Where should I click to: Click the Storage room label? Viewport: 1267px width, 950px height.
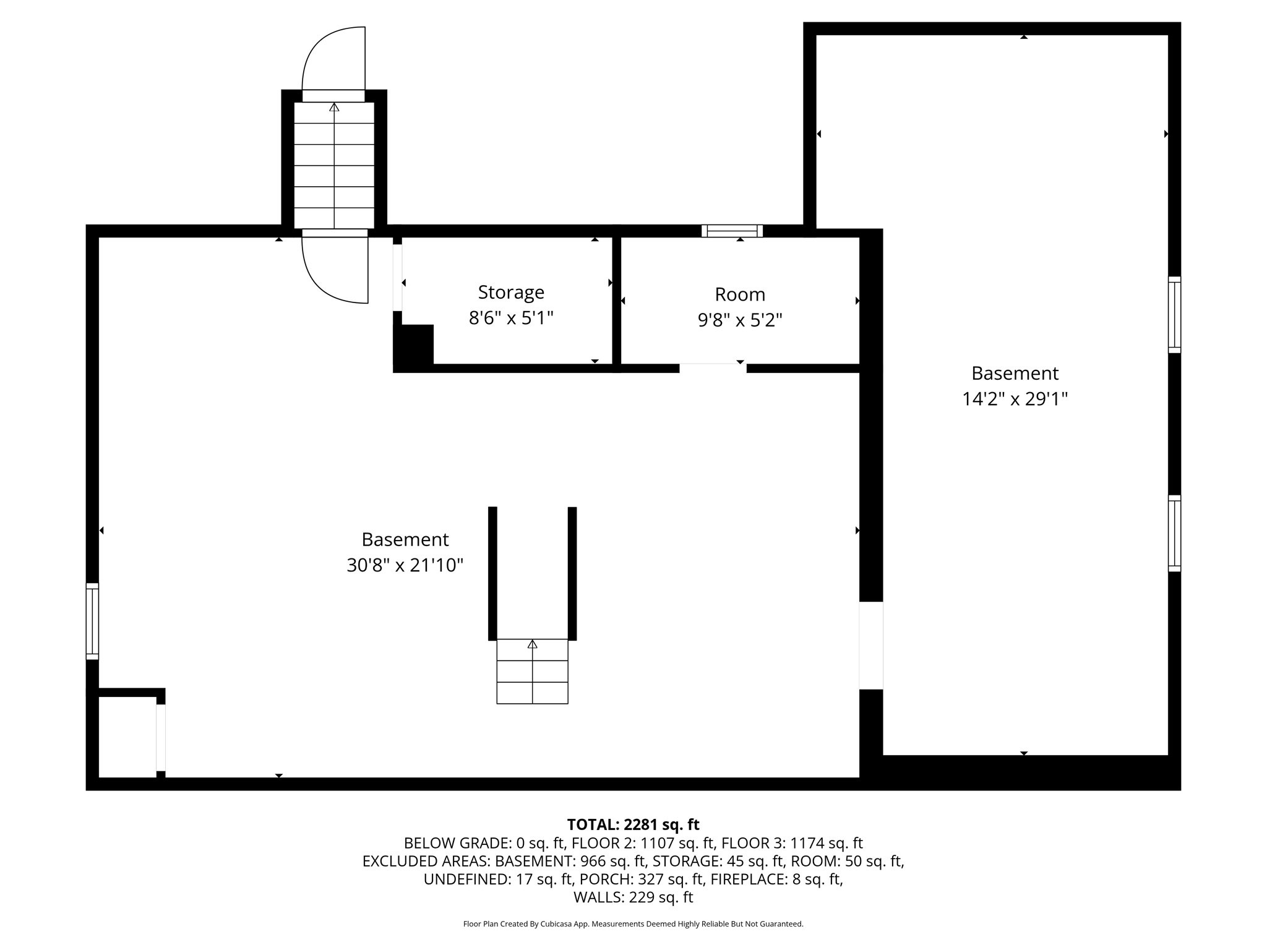511,292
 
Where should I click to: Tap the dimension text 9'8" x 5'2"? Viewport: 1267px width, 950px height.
740,320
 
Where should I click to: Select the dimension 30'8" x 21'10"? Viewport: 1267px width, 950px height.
405,565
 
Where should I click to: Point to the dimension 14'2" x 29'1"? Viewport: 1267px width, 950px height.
1015,399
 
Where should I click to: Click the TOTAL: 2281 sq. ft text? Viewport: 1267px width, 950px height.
633,824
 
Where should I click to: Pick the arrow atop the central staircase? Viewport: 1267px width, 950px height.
532,645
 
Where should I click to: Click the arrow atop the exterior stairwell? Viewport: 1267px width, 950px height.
334,108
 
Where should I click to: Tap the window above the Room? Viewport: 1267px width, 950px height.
732,231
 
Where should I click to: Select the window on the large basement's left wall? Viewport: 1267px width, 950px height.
92,621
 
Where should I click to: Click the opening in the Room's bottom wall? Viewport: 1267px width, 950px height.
713,368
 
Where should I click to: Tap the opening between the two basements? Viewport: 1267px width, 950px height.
870,645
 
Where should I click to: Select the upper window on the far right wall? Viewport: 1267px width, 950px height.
1174,315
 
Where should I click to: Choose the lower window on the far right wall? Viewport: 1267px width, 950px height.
1174,533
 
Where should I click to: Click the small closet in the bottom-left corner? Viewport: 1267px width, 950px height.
127,737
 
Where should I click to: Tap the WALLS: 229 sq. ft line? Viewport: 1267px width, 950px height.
633,897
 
